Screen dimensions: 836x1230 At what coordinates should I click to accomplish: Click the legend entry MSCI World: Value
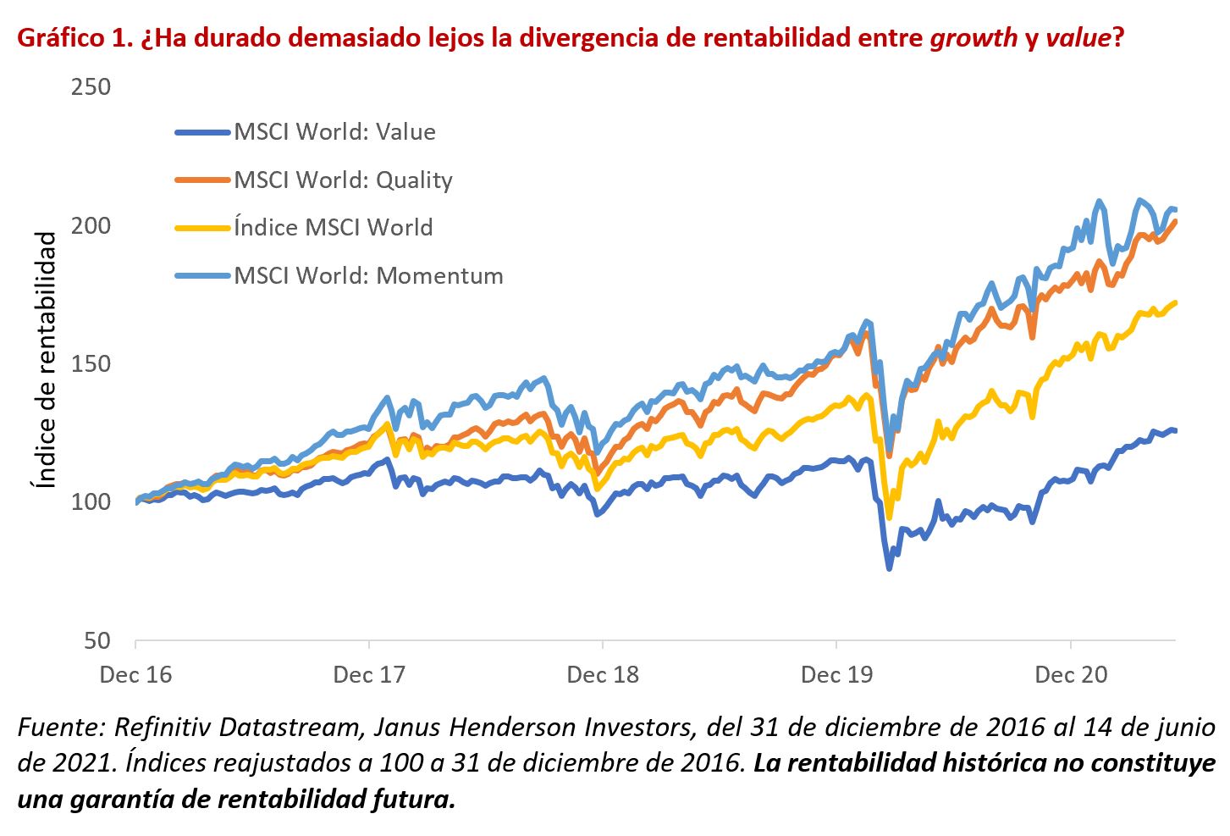coord(334,132)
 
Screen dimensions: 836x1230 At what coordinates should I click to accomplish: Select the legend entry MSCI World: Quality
coord(343,180)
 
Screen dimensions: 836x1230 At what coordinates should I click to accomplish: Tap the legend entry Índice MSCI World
coord(333,228)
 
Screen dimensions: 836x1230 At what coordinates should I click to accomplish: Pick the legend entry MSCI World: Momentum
coord(368,276)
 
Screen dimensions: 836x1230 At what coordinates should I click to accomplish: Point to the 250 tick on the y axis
coord(91,87)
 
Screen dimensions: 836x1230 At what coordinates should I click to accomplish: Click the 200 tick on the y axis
coord(91,225)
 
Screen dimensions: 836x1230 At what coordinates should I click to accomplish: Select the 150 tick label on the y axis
coord(91,363)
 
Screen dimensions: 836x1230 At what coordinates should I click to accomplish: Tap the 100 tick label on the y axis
coord(91,501)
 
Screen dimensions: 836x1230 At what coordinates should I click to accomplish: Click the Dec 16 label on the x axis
coord(135,675)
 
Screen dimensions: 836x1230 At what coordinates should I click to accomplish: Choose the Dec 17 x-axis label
coord(369,675)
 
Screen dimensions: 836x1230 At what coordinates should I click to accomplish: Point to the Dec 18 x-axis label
coord(603,675)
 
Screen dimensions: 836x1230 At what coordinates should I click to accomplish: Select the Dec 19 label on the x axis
coord(836,675)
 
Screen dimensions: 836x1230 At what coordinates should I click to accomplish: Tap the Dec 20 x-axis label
coord(1071,675)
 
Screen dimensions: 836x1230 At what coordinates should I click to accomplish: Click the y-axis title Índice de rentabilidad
coord(45,360)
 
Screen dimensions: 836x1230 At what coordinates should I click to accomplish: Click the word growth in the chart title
coord(974,39)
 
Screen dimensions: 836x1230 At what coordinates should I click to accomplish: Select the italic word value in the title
coord(1077,39)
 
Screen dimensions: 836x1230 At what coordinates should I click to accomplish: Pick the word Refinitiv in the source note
coord(157,728)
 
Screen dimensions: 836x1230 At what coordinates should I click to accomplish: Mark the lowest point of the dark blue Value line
coord(889,568)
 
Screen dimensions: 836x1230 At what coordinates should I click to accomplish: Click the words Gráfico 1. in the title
coord(72,39)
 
